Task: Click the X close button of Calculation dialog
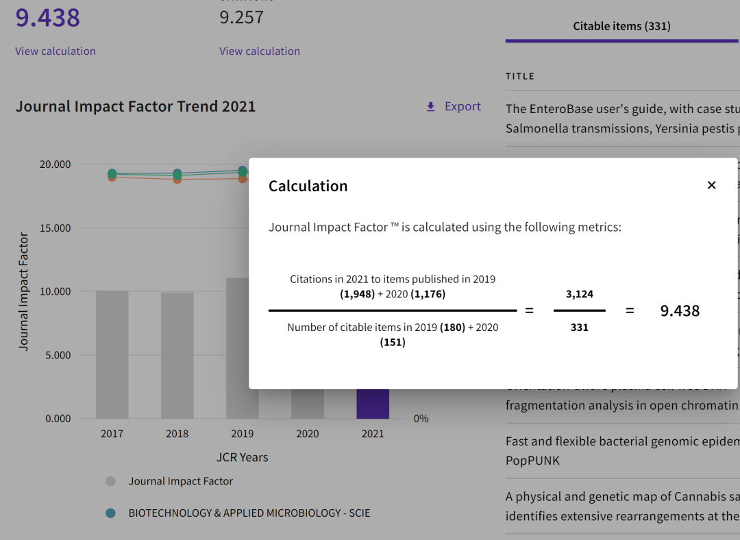tap(711, 185)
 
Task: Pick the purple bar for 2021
tap(373, 404)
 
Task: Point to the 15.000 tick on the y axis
tap(56, 228)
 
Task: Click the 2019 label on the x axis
tap(242, 434)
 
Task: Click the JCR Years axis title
tap(242, 458)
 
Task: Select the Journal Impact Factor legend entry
tap(180, 482)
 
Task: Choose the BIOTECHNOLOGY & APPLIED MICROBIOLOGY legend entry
tap(249, 513)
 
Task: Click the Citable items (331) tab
tap(621, 27)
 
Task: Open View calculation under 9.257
tap(260, 51)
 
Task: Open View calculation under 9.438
tap(56, 51)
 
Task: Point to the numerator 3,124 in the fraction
tap(579, 294)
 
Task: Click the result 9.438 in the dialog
tap(680, 311)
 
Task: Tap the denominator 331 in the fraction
tap(579, 328)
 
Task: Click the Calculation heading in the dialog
tap(308, 186)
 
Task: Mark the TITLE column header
tap(520, 77)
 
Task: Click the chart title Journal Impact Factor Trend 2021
tap(136, 107)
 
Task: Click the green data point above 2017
tap(112, 173)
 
